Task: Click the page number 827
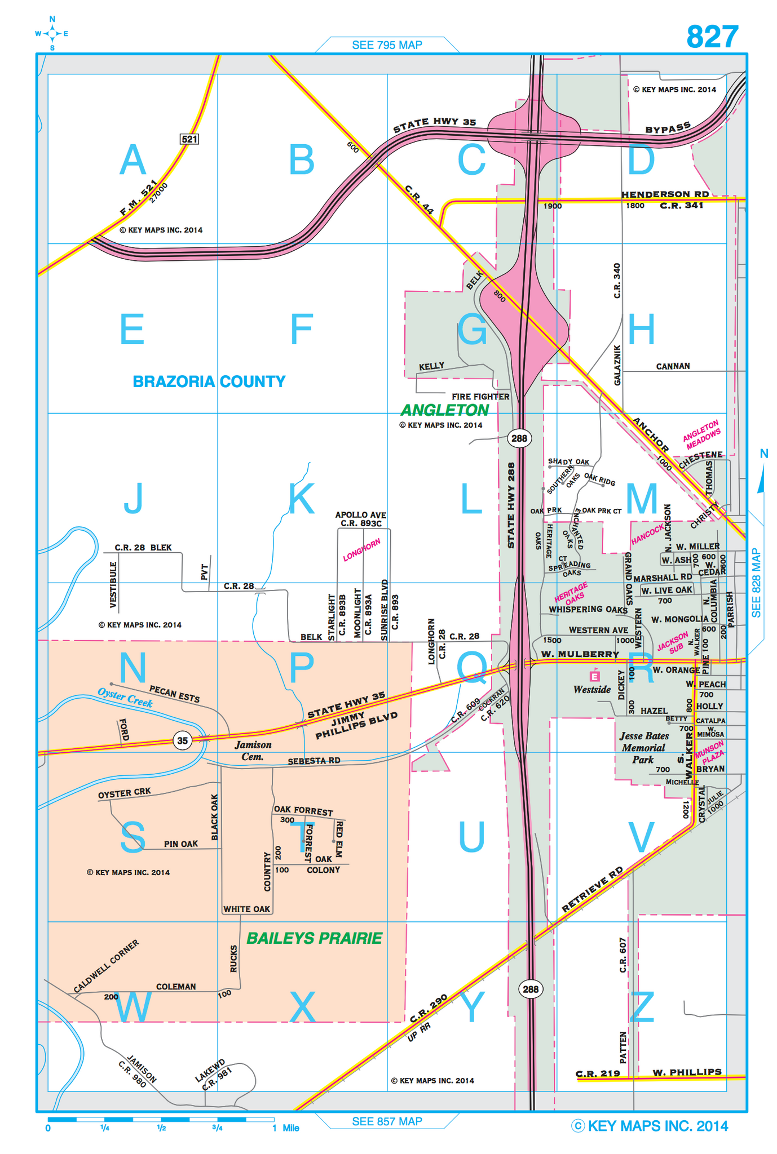pos(712,37)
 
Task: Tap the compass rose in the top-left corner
pos(52,34)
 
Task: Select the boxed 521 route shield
pos(189,139)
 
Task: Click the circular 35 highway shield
pos(182,740)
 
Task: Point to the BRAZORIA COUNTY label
pos(209,381)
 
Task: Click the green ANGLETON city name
pos(445,410)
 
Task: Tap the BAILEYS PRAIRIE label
pos(315,938)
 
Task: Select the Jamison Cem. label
pos(253,751)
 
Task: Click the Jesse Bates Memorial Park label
pos(643,747)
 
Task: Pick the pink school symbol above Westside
pos(594,675)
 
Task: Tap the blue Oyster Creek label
pos(125,697)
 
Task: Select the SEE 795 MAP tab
pos(387,45)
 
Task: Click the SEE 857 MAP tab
pos(387,1121)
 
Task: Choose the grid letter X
pos(302,1007)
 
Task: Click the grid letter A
pos(133,160)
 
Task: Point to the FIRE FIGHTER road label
pos(480,396)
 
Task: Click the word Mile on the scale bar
pos(291,1128)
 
